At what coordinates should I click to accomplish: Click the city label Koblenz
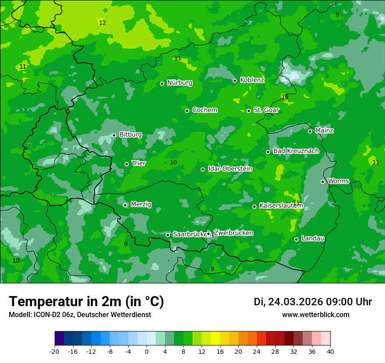(252, 80)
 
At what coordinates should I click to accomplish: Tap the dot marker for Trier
(127, 164)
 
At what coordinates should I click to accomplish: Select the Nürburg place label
(179, 83)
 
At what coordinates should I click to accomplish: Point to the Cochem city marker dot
(187, 111)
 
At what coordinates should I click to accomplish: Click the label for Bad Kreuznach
(296, 151)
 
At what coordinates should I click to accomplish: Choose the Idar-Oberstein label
(230, 169)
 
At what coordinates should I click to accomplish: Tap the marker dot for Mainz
(310, 131)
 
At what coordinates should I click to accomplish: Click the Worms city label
(338, 181)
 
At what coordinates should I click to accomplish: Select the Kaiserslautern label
(281, 205)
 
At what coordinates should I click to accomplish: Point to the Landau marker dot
(297, 239)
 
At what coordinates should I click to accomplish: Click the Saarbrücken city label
(189, 234)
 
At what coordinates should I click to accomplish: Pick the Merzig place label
(141, 204)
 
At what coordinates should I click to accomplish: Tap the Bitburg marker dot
(114, 135)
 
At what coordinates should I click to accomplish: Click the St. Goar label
(266, 110)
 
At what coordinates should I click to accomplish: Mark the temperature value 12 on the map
(102, 23)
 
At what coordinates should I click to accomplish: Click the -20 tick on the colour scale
(55, 351)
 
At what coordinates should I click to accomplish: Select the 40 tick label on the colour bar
(330, 351)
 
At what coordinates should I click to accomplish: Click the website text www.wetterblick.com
(315, 315)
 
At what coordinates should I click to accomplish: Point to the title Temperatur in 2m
(86, 302)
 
